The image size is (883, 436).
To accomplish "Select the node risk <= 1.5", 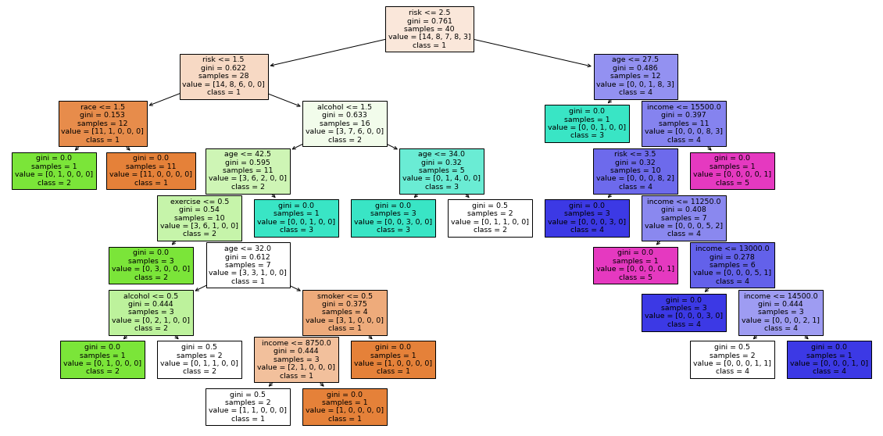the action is click(224, 77).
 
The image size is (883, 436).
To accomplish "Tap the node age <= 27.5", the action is click(635, 77).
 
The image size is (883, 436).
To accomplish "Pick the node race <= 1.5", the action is click(103, 123).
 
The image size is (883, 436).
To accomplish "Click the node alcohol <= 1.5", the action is click(345, 123).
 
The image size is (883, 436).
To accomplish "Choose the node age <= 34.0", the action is click(441, 171).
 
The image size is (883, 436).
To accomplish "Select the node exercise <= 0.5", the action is click(199, 218).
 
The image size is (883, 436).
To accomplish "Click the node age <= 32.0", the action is click(248, 266).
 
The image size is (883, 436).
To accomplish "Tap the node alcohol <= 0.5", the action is click(151, 313).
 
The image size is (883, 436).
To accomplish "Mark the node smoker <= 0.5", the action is click(345, 313).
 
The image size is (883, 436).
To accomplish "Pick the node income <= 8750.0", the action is click(296, 359).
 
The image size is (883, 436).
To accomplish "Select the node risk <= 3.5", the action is click(635, 171).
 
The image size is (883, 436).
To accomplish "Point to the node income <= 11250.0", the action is click(684, 218).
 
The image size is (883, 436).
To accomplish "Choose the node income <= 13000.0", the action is click(732, 266).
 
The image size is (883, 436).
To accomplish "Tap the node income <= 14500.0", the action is click(781, 313).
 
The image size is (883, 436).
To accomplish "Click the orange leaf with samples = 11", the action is click(151, 171).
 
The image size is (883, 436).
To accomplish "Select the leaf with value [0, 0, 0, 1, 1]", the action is click(732, 359).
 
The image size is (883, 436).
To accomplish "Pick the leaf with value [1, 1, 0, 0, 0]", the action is click(248, 407).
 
